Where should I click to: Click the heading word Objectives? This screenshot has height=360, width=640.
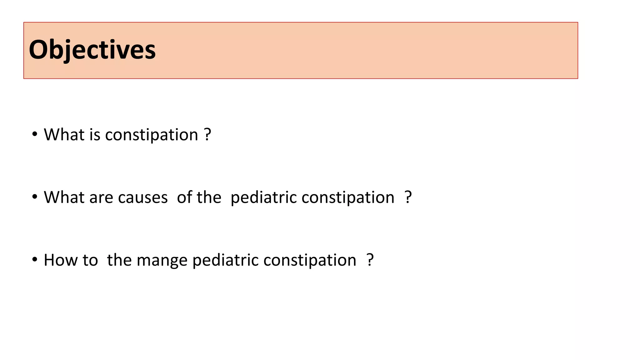pos(92,50)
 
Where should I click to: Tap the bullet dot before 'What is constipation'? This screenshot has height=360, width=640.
pos(35,134)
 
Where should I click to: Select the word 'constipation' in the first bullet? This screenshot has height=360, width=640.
pos(152,135)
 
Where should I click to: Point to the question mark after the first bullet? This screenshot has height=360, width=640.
pos(207,135)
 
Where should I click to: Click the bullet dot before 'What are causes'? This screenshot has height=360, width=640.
pos(35,197)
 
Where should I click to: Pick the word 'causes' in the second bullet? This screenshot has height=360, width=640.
pos(143,198)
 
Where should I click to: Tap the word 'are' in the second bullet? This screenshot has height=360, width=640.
pos(101,198)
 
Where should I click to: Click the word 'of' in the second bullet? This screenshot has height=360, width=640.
pos(184,197)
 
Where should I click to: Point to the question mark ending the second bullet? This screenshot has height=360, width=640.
pos(408,197)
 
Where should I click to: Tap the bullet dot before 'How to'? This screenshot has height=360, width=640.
pos(35,259)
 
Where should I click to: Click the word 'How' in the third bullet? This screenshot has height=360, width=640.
pos(61,260)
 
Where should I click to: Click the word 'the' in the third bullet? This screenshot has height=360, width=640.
pos(119,260)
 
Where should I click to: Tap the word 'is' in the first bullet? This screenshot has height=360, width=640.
pos(95,135)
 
